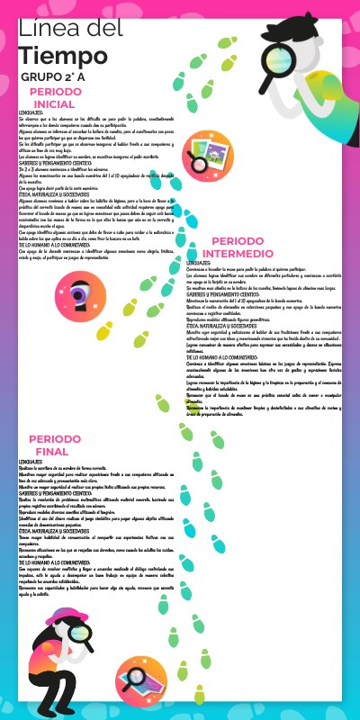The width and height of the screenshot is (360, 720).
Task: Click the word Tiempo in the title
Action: pos(55,57)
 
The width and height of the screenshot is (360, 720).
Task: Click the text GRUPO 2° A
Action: pos(53,78)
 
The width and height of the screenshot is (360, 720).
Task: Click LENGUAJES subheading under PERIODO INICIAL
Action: pos(31,112)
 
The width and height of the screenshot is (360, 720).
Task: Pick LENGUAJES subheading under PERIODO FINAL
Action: pos(31,461)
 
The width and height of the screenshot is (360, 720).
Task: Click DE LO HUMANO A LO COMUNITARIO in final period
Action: pos(56,562)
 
